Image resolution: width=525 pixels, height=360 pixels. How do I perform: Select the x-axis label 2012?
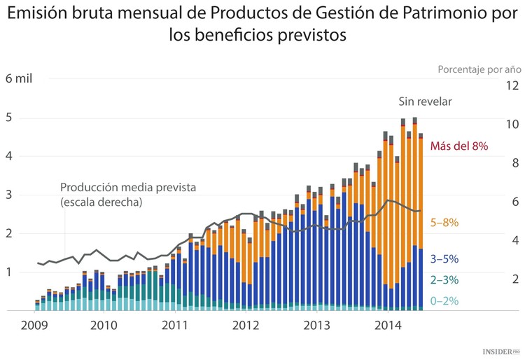pos(246,325)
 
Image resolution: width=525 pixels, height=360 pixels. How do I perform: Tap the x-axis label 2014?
pos(388,325)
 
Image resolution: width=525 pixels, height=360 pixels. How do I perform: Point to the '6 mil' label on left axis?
pos(19,78)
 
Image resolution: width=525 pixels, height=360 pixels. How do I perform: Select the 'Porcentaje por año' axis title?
pos(479,69)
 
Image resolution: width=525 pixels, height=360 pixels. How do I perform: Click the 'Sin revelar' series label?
pos(425,102)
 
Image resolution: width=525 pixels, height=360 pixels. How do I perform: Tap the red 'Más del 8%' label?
pos(458,146)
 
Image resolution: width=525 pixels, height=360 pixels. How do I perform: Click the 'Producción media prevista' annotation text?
pos(127,188)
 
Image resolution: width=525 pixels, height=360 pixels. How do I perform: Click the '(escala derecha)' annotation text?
pos(101,202)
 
